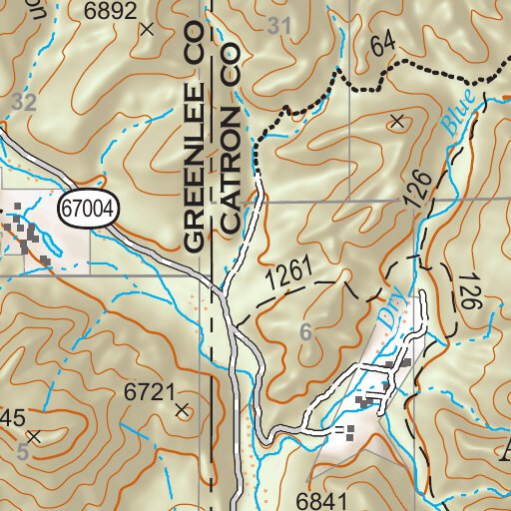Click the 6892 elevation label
(110, 11)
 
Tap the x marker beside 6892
(149, 29)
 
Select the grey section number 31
(281, 27)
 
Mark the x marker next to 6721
(182, 409)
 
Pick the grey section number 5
(22, 452)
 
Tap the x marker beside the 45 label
(34, 436)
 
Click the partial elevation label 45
(12, 417)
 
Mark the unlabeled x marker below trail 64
(397, 122)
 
